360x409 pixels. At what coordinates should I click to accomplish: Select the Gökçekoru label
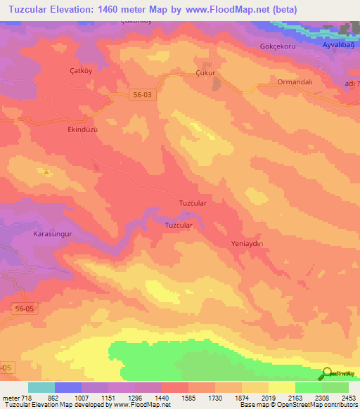point(271,46)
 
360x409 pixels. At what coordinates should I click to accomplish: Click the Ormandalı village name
point(292,81)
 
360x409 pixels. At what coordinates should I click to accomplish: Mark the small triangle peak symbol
point(46,171)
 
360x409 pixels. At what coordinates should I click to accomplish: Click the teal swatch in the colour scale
point(41,387)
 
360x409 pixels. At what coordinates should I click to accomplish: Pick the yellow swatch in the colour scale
point(282,387)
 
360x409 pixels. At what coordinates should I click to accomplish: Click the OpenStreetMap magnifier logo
point(328,374)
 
